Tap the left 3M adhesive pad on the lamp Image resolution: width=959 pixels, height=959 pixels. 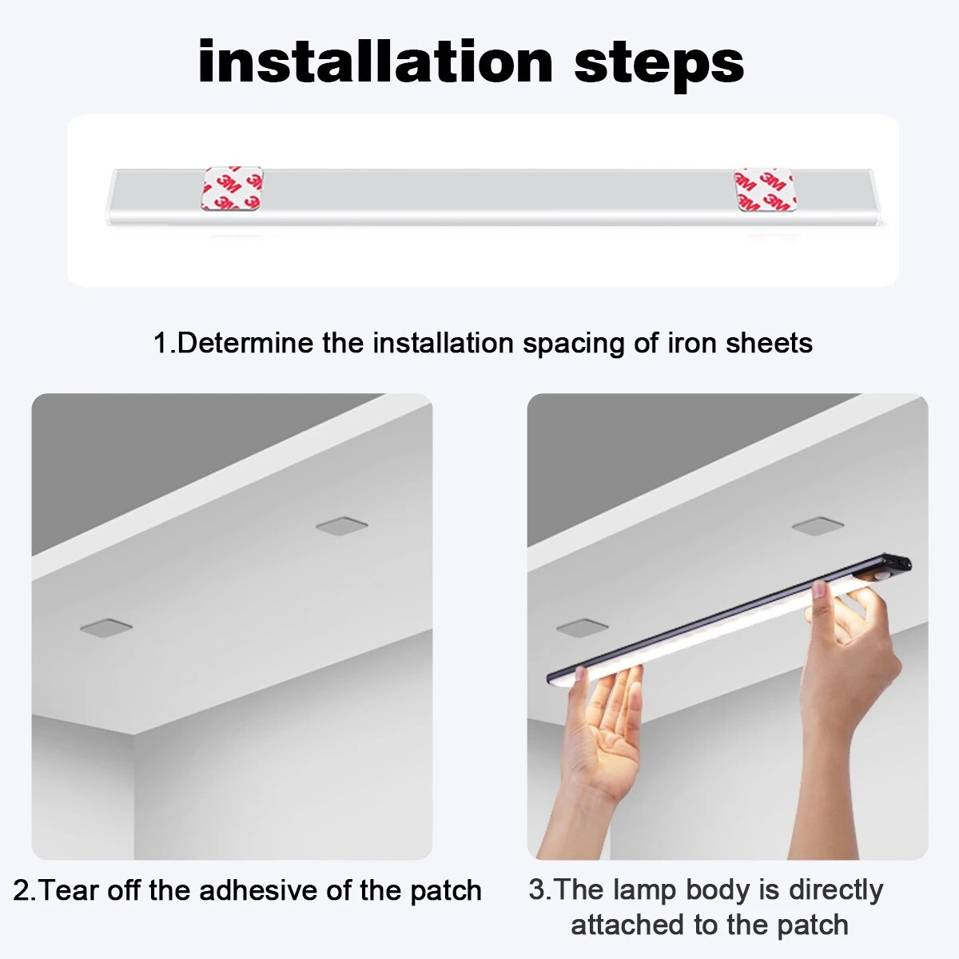[233, 190]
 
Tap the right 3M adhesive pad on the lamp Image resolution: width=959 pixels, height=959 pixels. [764, 190]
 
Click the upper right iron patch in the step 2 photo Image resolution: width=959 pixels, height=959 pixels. [341, 525]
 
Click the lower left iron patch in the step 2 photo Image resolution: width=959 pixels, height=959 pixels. [105, 627]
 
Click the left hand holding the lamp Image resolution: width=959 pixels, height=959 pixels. [603, 731]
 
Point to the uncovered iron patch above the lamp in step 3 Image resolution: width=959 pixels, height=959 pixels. [817, 525]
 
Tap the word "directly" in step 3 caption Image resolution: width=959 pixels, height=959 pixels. [836, 890]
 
